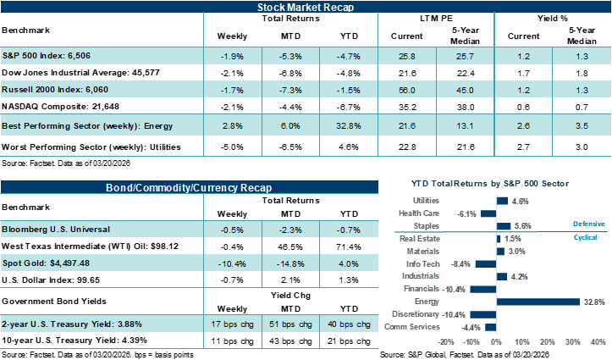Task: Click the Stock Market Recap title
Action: click(x=306, y=8)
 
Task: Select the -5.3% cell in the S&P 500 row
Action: click(x=292, y=55)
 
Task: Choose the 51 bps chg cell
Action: click(x=292, y=324)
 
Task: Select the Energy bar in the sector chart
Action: click(x=538, y=301)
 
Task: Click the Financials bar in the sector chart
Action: click(x=483, y=289)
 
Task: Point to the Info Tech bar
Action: click(x=486, y=263)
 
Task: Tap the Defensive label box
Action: click(x=588, y=223)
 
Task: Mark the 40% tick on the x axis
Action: click(x=597, y=342)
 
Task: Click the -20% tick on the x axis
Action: click(x=446, y=342)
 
